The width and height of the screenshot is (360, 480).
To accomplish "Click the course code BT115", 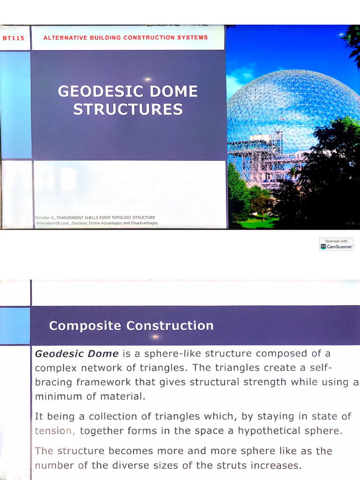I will tap(13, 38).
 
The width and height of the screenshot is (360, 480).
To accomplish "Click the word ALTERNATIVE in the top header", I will tap(65, 37).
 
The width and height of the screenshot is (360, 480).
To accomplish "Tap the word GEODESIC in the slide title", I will tap(95, 91).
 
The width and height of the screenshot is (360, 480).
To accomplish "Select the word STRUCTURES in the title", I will tap(128, 109).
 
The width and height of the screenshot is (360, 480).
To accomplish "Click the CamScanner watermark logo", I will tap(336, 244).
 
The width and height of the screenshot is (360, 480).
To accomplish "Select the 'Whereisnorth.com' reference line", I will tap(97, 223).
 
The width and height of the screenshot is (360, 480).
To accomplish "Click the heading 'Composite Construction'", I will tap(131, 326).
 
